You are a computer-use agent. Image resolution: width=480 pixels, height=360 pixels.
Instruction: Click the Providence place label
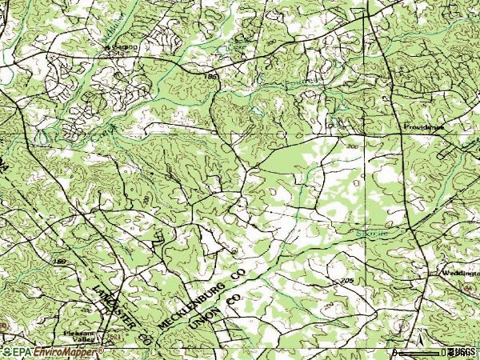[x=422, y=127]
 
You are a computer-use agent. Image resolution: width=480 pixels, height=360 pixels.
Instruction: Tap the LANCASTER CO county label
[x=120, y=313]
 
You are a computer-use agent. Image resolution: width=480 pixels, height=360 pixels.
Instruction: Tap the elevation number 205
[x=346, y=280]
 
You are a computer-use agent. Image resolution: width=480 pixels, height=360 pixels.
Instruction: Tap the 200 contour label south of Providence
[x=353, y=147]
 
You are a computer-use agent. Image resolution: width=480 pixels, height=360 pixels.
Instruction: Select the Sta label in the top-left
[x=126, y=47]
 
